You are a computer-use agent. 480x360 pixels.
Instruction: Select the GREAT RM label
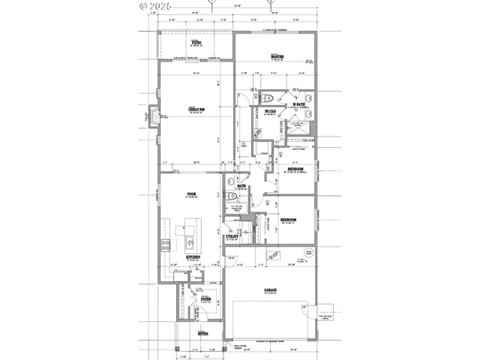pos(193,109)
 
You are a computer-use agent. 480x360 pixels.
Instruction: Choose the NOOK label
pos(191,195)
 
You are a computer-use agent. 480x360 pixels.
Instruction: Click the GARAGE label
pos(270,289)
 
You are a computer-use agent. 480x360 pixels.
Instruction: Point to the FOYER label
pos(205,298)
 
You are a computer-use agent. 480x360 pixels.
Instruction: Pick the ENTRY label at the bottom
pos(202,332)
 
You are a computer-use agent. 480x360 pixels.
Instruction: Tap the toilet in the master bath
pos(272,97)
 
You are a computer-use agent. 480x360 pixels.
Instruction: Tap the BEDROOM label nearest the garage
pos(288,220)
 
